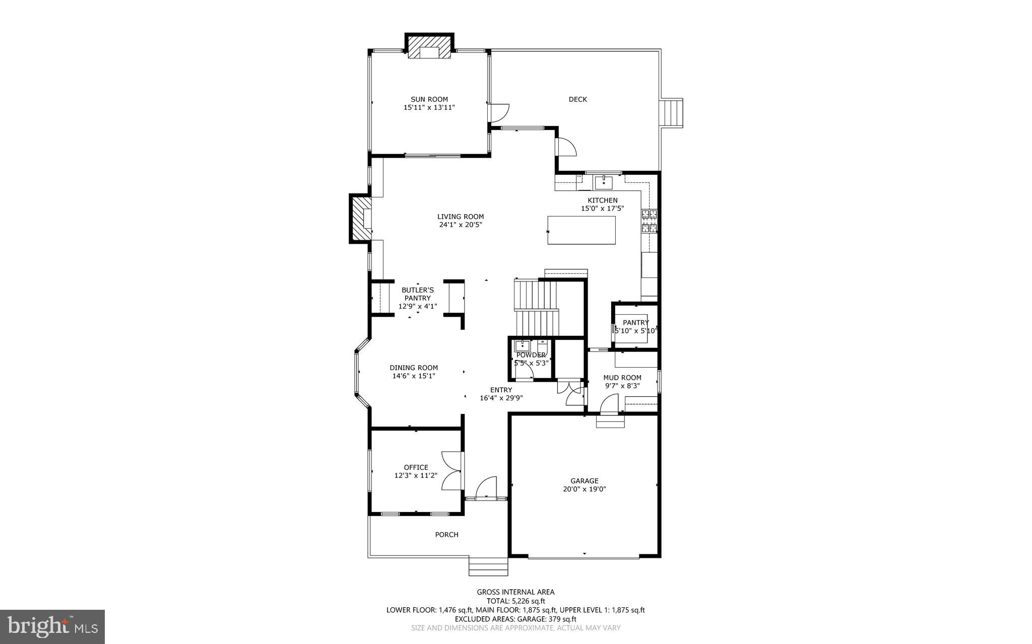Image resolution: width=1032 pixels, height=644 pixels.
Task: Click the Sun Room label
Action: click(429, 99)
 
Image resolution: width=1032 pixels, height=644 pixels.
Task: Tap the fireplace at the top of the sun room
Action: click(429, 47)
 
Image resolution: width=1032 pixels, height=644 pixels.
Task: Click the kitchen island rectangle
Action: click(582, 230)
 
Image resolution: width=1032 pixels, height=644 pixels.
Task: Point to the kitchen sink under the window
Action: click(603, 182)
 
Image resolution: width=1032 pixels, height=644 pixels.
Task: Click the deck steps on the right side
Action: click(671, 113)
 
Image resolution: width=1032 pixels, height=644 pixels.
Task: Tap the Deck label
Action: click(577, 99)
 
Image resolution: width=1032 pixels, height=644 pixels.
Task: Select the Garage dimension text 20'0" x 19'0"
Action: click(584, 489)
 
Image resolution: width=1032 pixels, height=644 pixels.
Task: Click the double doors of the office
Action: click(452, 471)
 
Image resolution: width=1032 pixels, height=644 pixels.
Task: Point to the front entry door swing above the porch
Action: click(486, 487)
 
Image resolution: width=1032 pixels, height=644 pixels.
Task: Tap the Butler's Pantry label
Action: click(417, 294)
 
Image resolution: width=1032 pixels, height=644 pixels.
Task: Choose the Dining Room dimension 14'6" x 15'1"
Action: click(413, 376)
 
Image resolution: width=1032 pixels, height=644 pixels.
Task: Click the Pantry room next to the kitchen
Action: click(635, 326)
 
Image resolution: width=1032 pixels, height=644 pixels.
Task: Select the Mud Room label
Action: click(622, 378)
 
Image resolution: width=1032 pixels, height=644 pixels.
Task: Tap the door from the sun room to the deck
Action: click(499, 112)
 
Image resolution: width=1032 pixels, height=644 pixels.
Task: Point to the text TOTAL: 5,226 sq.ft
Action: click(515, 601)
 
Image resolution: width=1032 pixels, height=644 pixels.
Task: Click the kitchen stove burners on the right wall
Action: click(649, 221)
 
